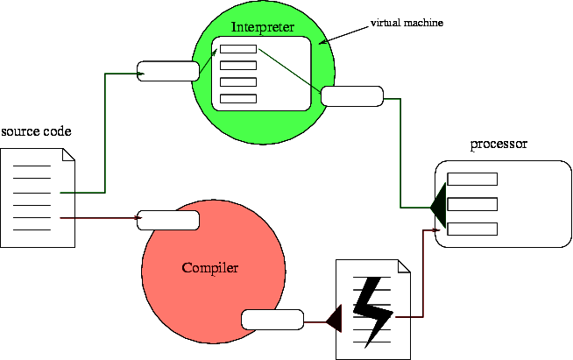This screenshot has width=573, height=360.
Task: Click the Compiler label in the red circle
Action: pos(210,267)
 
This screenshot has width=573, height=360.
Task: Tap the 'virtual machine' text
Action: pos(407,22)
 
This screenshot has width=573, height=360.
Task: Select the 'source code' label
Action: pos(36,132)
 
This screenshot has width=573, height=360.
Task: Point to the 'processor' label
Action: pos(499,145)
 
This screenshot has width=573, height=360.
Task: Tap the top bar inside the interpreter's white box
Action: pos(237,48)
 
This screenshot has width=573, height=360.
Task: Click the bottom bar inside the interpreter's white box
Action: pos(237,97)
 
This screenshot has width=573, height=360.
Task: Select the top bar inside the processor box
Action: pos(472,180)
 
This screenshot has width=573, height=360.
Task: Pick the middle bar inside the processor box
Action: pos(472,204)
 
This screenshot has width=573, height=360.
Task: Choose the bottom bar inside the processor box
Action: pos(472,229)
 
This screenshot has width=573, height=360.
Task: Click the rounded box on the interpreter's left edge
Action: pos(168,71)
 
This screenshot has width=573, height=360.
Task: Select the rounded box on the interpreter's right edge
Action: pos(352,95)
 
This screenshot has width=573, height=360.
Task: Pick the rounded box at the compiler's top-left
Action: pos(168,220)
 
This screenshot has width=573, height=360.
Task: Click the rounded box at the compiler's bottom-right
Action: pos(272,320)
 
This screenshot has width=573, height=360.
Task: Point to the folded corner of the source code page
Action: pos(68,155)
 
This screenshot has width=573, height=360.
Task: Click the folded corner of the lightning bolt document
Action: pos(404,265)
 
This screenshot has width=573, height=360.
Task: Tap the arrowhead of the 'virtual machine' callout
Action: pos(322,41)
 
